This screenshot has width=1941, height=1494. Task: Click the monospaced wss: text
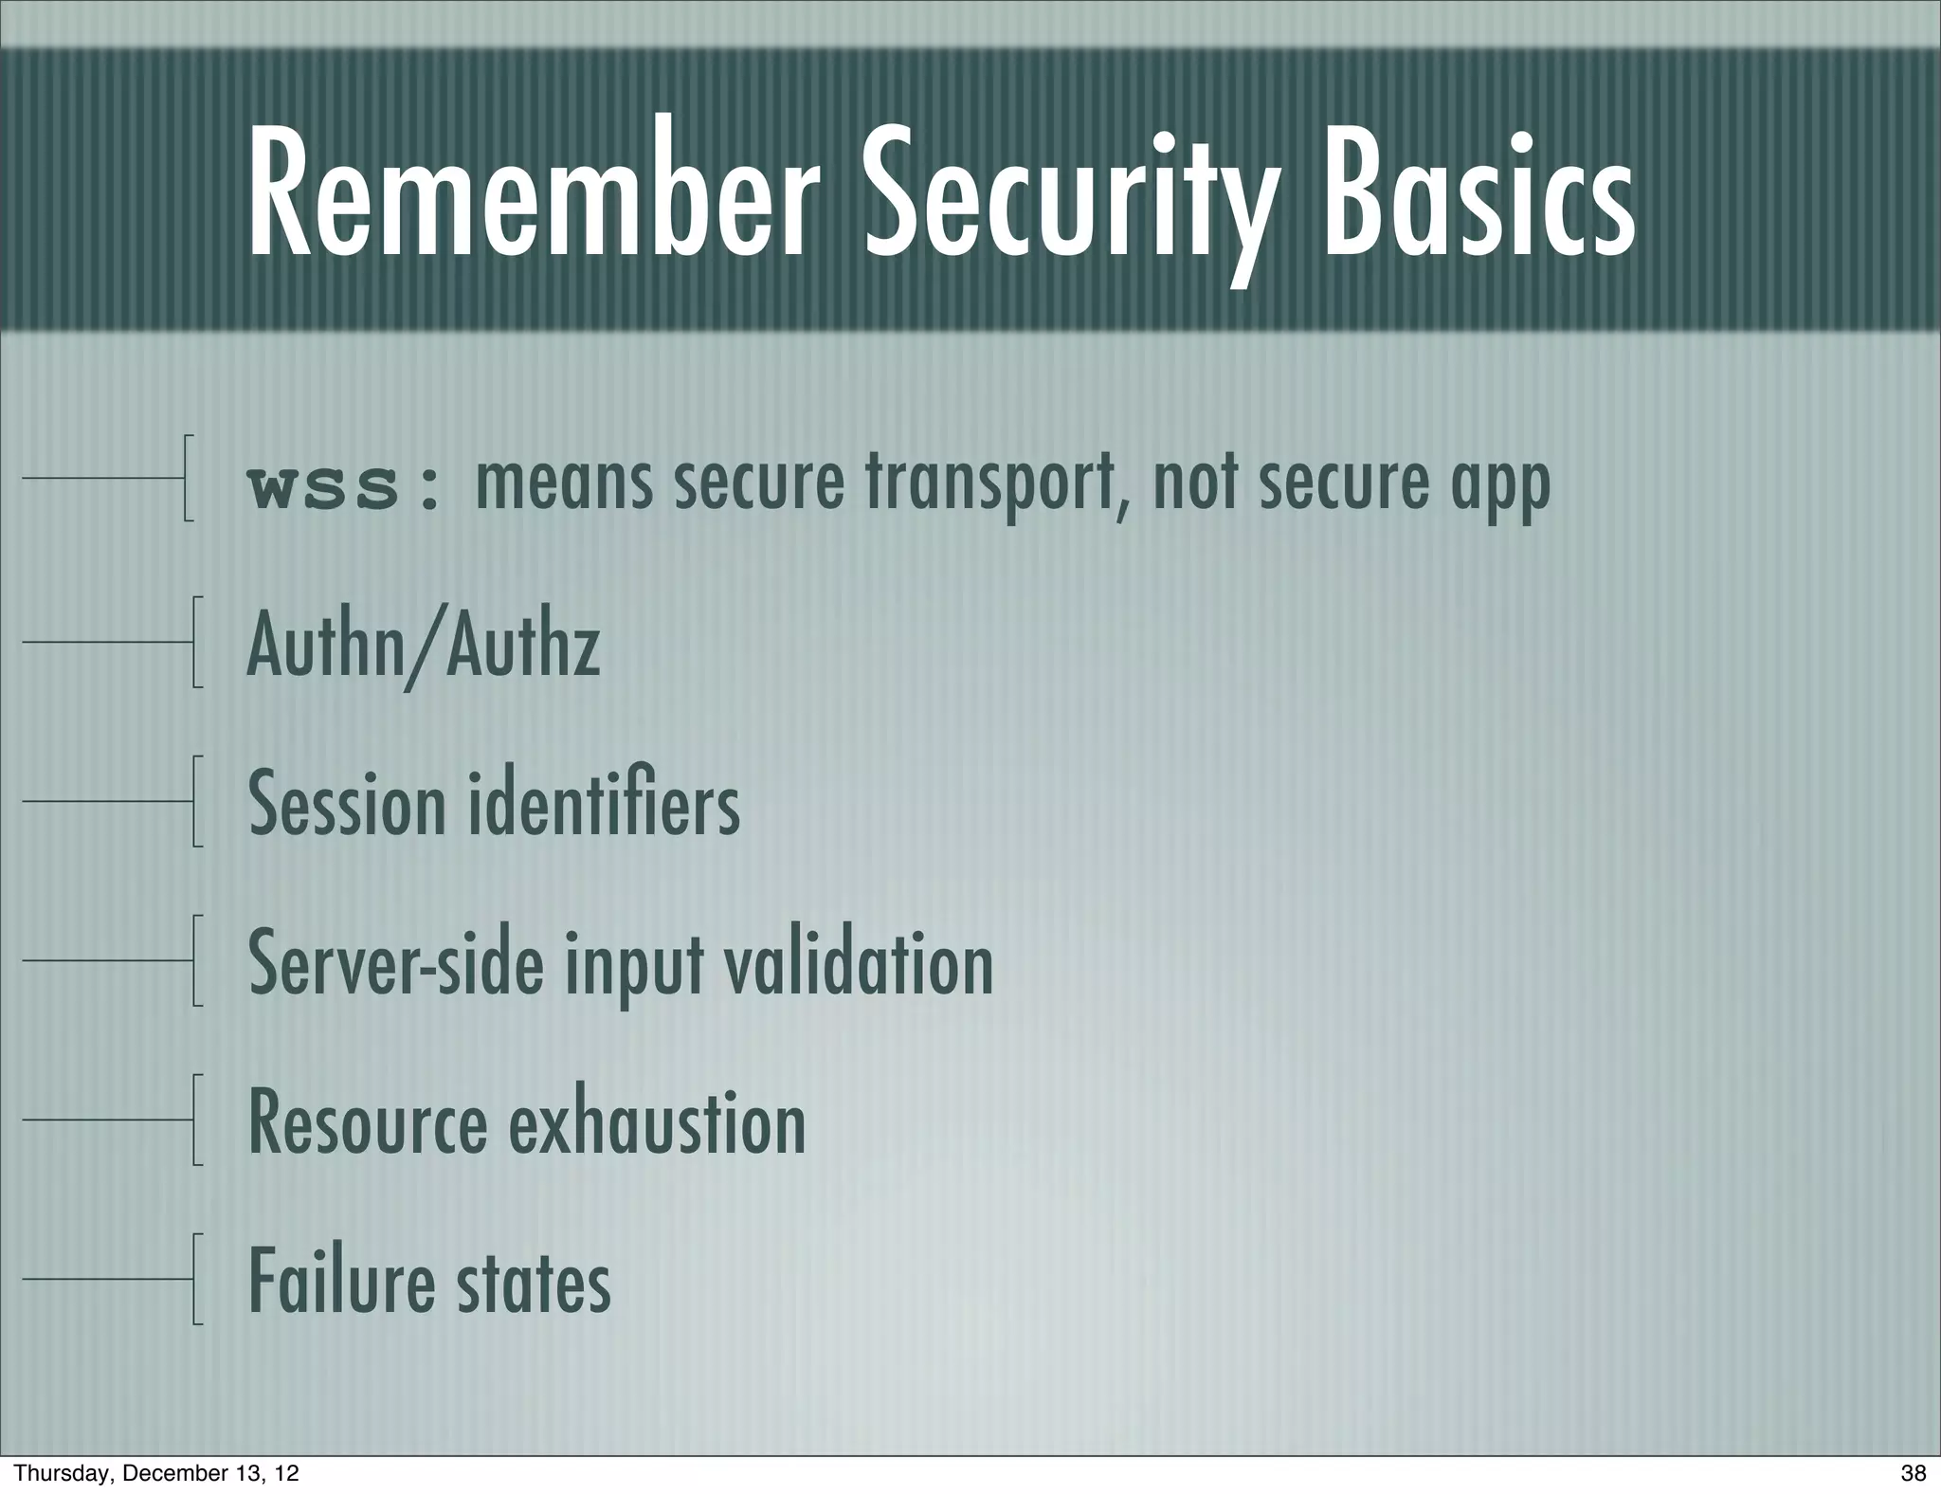[x=343, y=488]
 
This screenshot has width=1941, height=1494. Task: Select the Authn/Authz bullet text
[x=423, y=647]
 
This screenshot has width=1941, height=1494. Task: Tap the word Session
[x=347, y=805]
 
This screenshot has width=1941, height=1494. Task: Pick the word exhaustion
[x=658, y=1123]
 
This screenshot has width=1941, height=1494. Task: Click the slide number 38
[x=1914, y=1473]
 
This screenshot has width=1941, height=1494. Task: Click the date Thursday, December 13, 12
[x=156, y=1473]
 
